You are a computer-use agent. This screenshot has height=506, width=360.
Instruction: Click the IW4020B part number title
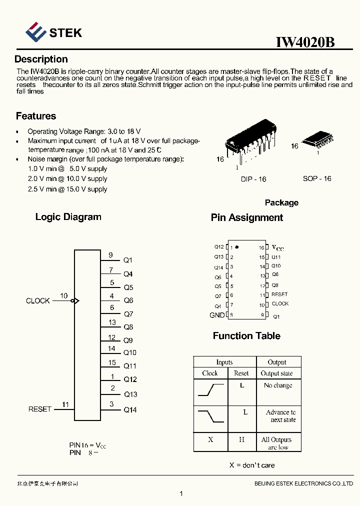pyautogui.click(x=305, y=42)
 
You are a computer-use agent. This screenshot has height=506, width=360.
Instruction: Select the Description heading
pyautogui.click(x=41, y=59)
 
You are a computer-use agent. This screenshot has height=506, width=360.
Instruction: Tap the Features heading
pyautogui.click(x=36, y=116)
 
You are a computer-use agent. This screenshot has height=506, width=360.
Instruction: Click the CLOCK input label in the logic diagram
pyautogui.click(x=38, y=301)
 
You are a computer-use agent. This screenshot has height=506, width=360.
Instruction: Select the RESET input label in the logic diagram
pyautogui.click(x=40, y=409)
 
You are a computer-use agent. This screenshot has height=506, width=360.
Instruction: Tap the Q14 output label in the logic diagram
pyautogui.click(x=130, y=410)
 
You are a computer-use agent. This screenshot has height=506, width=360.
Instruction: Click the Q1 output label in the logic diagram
pyautogui.click(x=128, y=260)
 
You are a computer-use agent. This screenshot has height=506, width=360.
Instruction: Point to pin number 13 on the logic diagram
pyautogui.click(x=112, y=322)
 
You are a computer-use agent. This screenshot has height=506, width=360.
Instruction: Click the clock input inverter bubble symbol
pyautogui.click(x=73, y=301)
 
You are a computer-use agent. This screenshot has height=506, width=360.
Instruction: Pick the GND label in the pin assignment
pyautogui.click(x=217, y=315)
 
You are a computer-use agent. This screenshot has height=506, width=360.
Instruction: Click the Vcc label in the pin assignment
pyautogui.click(x=277, y=247)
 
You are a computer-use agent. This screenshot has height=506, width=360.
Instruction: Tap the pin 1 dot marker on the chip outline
pyautogui.click(x=237, y=247)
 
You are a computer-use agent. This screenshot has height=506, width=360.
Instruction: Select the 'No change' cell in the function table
pyautogui.click(x=278, y=385)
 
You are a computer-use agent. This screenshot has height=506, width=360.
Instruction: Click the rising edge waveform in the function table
pyautogui.click(x=210, y=390)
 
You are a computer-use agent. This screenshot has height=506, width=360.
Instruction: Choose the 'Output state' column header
pyautogui.click(x=277, y=373)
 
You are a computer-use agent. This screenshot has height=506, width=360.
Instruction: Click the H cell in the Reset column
pyautogui.click(x=241, y=439)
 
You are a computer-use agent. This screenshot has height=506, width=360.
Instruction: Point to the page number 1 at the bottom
pyautogui.click(x=181, y=494)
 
